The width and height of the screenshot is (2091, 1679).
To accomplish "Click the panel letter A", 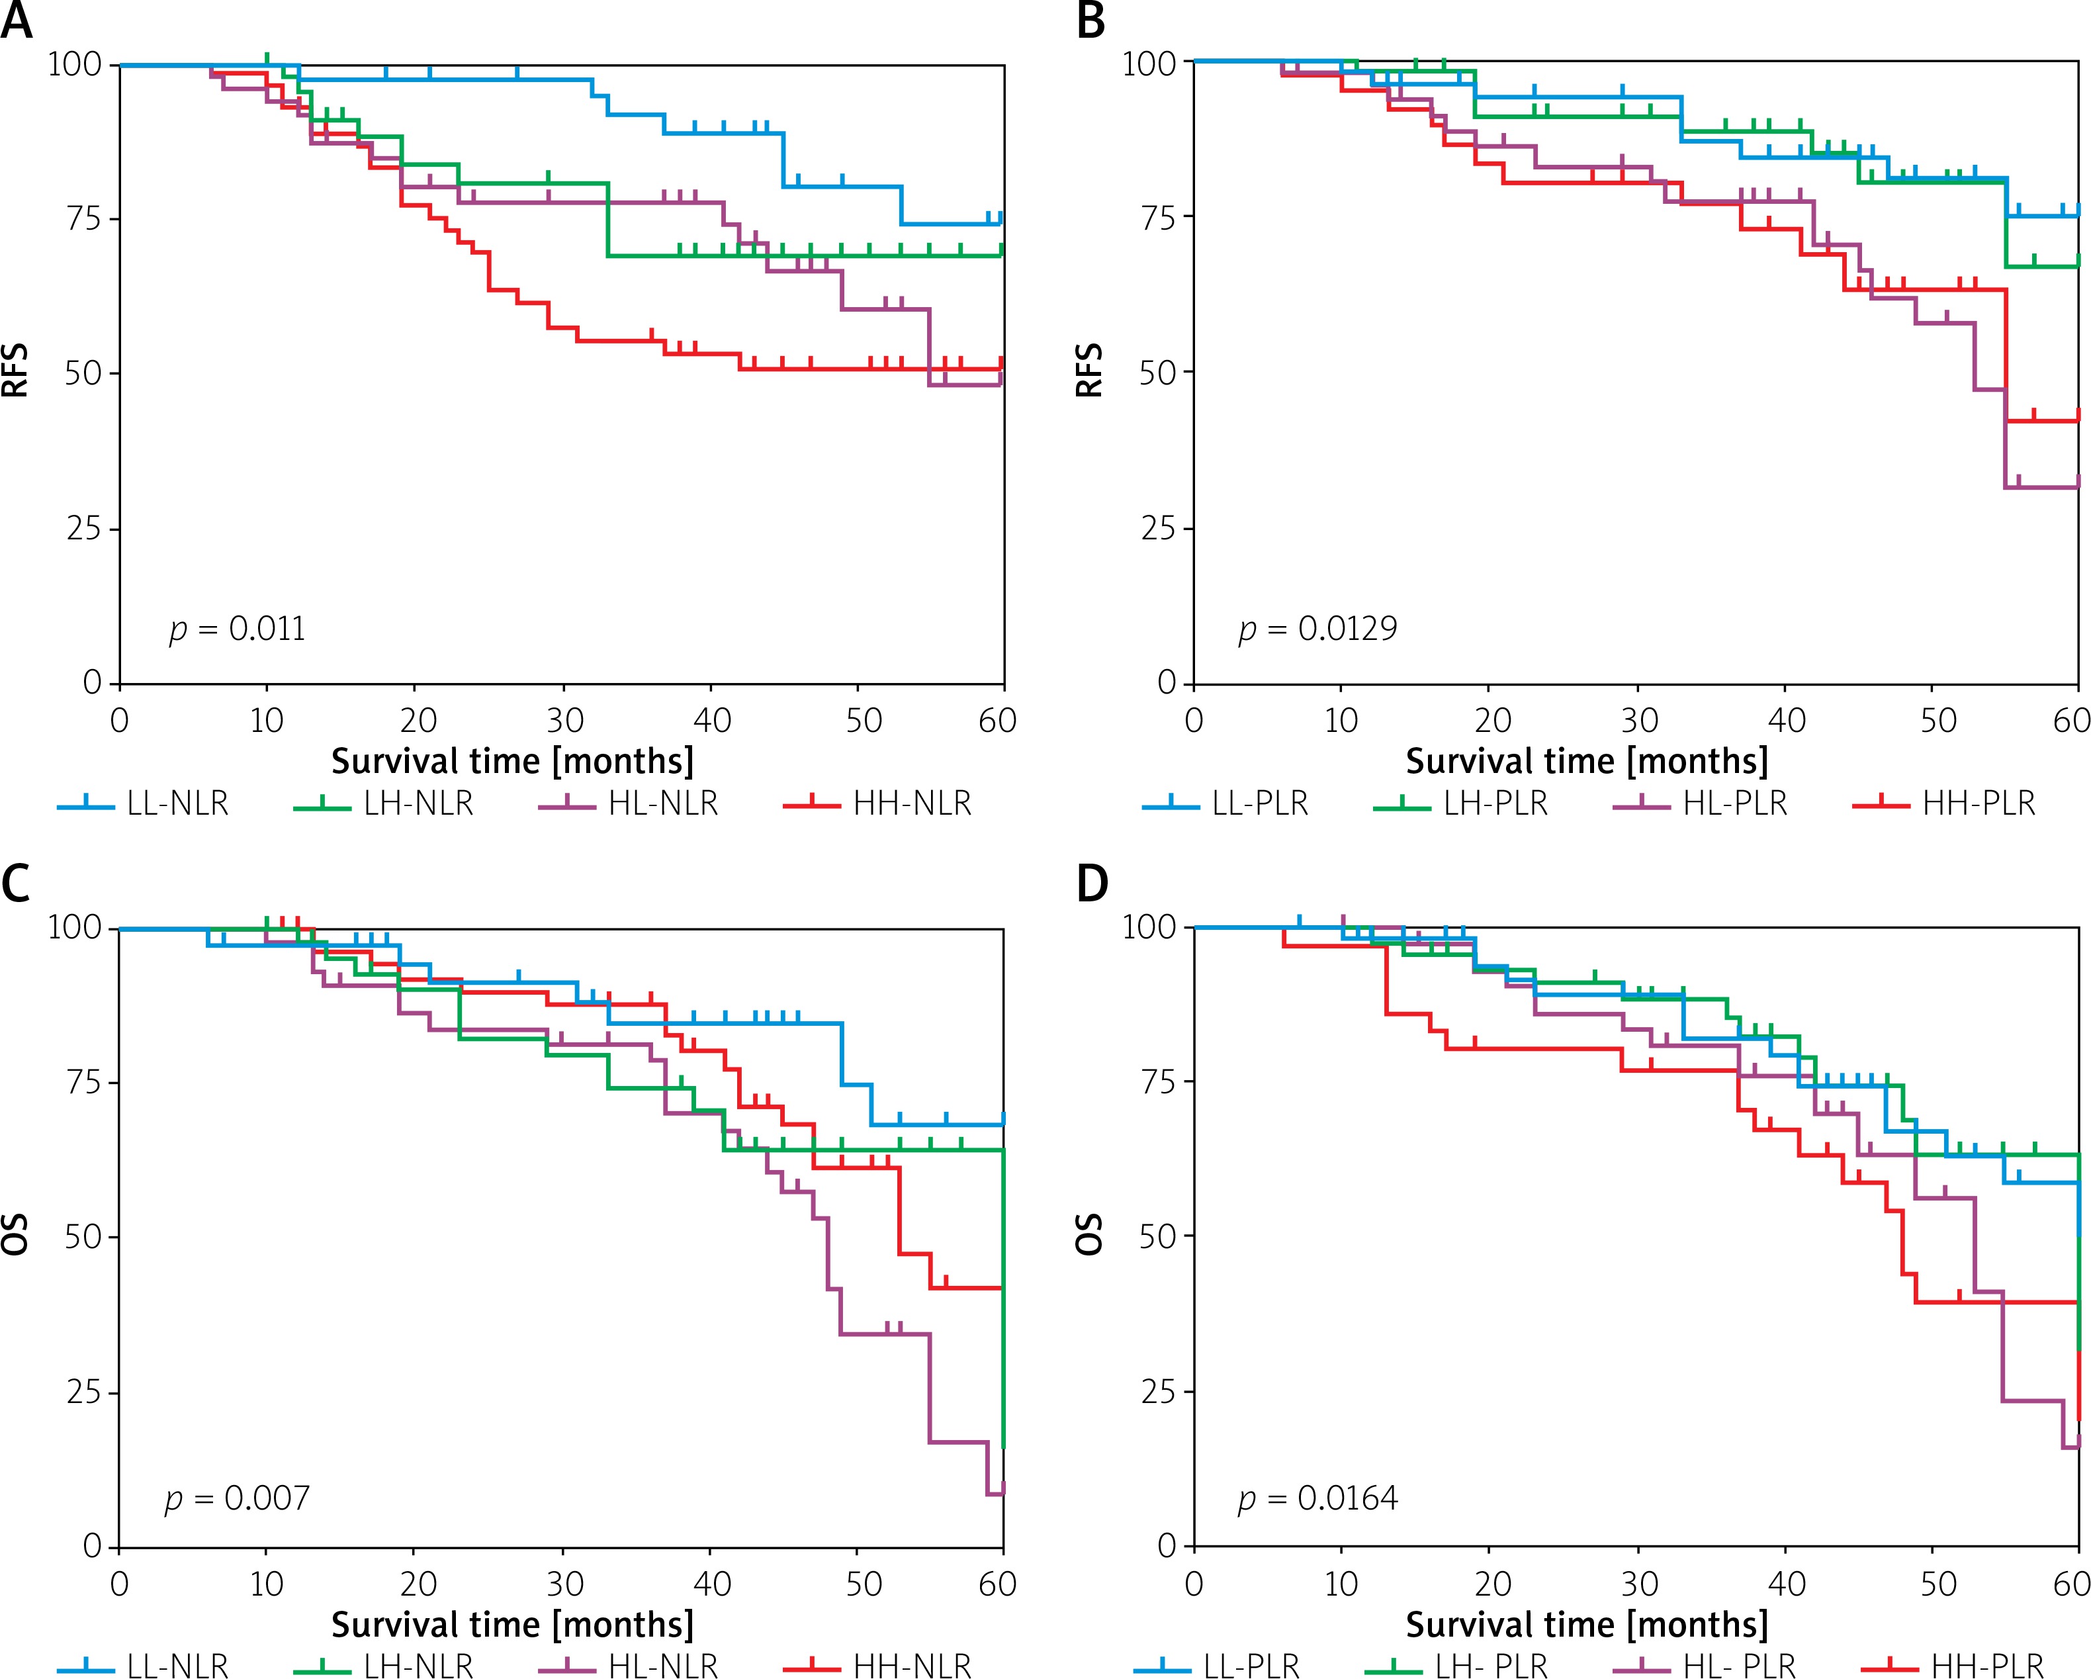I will (x=17, y=21).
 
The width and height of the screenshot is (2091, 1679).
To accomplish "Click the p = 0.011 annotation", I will (x=238, y=629).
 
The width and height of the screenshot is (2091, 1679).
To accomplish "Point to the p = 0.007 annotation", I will (x=238, y=1498).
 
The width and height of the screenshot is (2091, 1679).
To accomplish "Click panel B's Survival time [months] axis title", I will (x=1587, y=762).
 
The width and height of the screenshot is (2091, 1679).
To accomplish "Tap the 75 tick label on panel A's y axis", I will (x=83, y=218).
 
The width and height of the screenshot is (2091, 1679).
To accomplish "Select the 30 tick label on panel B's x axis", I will (x=1639, y=721).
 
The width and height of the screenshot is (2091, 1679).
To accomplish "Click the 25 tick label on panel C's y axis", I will (x=83, y=1392).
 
